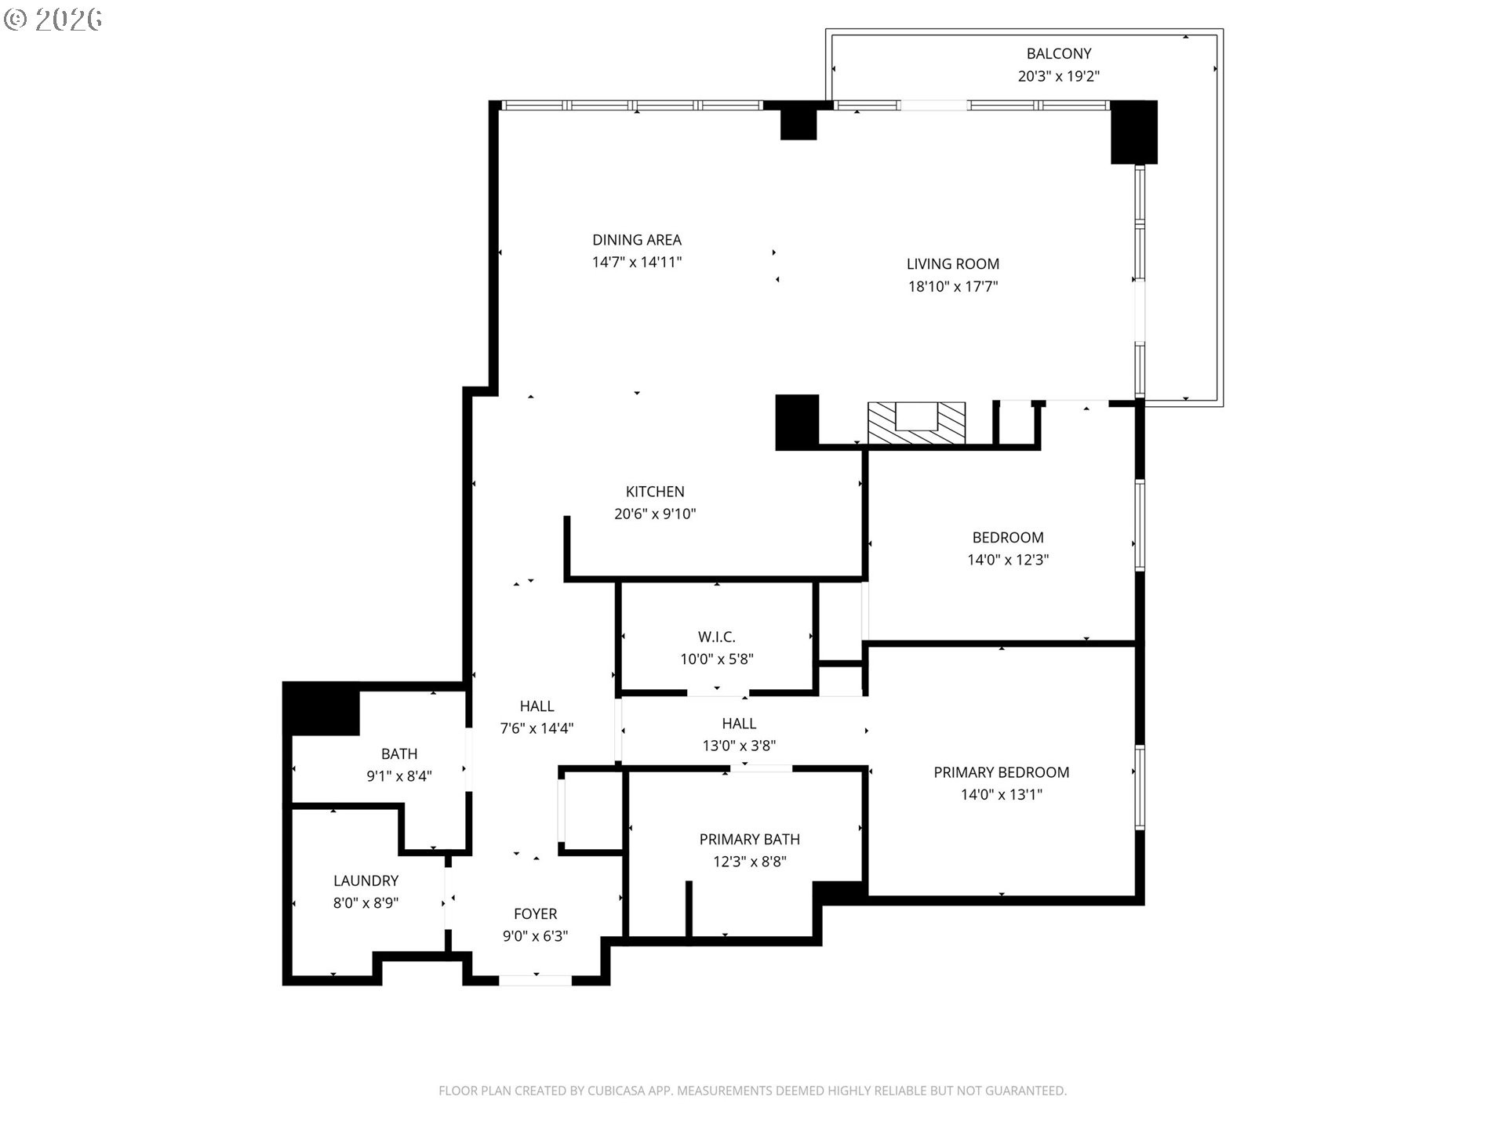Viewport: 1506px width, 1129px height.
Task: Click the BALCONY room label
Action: [x=1058, y=54]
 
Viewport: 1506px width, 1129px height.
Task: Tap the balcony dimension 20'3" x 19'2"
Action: [x=1058, y=77]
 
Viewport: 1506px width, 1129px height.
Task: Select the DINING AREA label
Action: [x=636, y=240]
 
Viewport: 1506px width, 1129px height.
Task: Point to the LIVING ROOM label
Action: [x=952, y=264]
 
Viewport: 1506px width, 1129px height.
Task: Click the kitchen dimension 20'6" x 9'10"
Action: [x=654, y=514]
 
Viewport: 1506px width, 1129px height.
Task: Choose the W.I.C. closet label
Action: [x=716, y=637]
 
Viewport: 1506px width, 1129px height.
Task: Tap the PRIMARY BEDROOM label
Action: [x=1001, y=772]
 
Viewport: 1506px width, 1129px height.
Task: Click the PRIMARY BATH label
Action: [x=749, y=840]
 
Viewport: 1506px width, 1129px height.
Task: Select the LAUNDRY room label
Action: [x=366, y=880]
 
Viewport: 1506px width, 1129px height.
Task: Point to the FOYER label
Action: [x=535, y=914]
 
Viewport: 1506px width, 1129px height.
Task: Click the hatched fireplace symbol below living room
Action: [x=916, y=423]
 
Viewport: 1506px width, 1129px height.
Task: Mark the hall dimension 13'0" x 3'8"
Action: [x=739, y=746]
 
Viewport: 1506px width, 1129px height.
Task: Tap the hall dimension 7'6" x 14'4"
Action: [x=537, y=728]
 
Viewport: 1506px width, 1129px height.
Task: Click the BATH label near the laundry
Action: [x=398, y=754]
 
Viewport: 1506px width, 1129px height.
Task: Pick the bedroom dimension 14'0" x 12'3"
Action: [x=1007, y=560]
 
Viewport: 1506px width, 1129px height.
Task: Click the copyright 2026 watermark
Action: [x=53, y=20]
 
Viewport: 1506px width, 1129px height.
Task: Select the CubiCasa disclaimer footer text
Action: [x=752, y=1091]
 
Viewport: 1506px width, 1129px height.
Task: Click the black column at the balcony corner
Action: [x=1133, y=132]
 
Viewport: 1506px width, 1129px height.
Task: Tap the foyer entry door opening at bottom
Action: [x=536, y=980]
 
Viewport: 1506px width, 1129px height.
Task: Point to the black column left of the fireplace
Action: [x=797, y=422]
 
